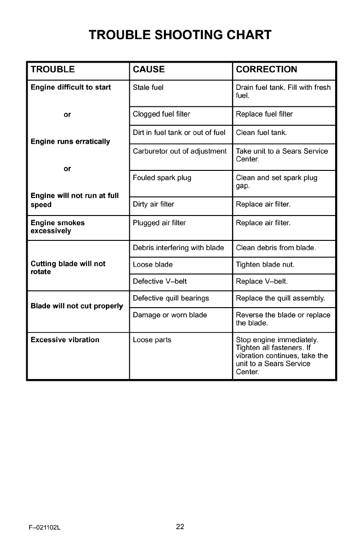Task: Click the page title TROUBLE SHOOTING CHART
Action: click(x=180, y=35)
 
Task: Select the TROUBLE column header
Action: click(x=52, y=70)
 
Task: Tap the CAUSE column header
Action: click(x=149, y=70)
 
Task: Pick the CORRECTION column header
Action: click(x=267, y=70)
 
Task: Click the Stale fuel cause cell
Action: click(x=148, y=87)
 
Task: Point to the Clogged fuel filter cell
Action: click(x=161, y=114)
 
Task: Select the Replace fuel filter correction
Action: click(x=264, y=114)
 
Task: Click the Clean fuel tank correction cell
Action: click(x=261, y=133)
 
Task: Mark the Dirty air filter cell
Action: click(x=153, y=205)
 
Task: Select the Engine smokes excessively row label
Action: click(x=58, y=227)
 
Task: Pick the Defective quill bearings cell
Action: click(x=171, y=298)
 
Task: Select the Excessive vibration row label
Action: click(x=65, y=340)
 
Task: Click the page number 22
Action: click(x=180, y=527)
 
